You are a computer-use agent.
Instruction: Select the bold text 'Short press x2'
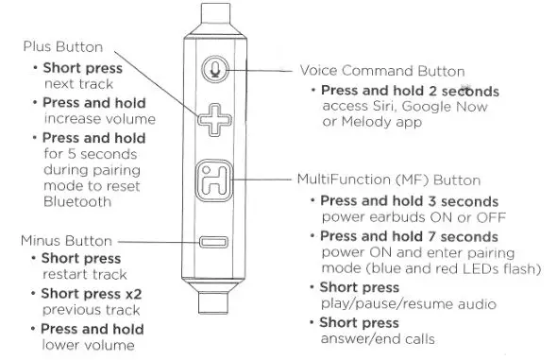(91, 294)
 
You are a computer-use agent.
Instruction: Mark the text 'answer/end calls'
(375, 339)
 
